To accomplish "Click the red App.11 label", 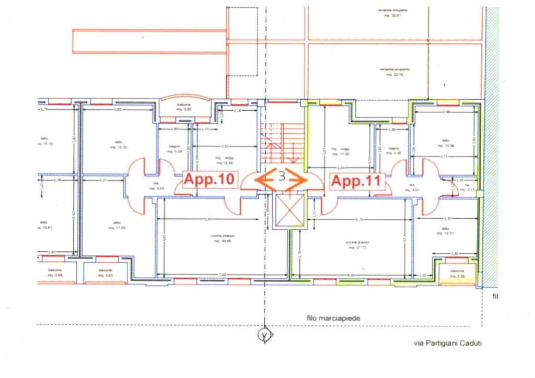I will coord(358,182).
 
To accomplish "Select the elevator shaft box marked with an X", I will coord(289,209).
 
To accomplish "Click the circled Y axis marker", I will coord(265,335).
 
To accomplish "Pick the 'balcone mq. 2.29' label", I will coord(458,273).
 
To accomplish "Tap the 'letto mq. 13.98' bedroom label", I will coord(445,143).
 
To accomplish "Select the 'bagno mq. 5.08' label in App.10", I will coord(175,150).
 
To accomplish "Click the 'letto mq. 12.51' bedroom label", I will coord(445,231).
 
